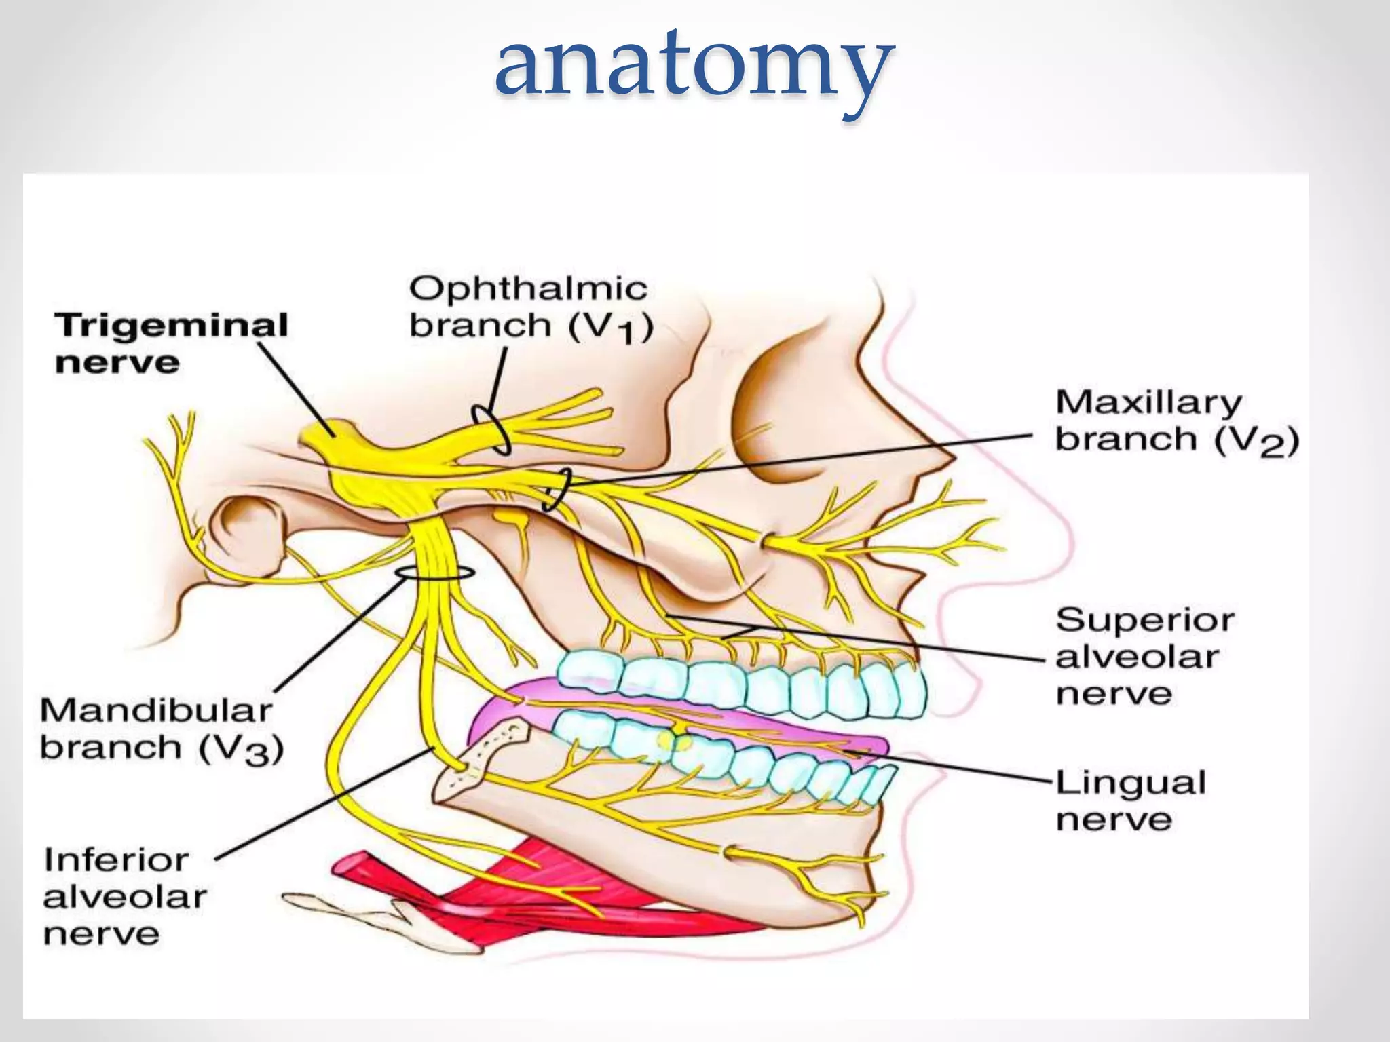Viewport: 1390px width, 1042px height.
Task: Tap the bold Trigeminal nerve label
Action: pyautogui.click(x=171, y=343)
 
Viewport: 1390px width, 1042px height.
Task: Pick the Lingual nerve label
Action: pyautogui.click(x=1131, y=800)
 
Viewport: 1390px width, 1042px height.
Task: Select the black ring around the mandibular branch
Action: pyautogui.click(x=434, y=573)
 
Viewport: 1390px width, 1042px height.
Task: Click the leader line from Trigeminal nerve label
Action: pyautogui.click(x=295, y=387)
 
